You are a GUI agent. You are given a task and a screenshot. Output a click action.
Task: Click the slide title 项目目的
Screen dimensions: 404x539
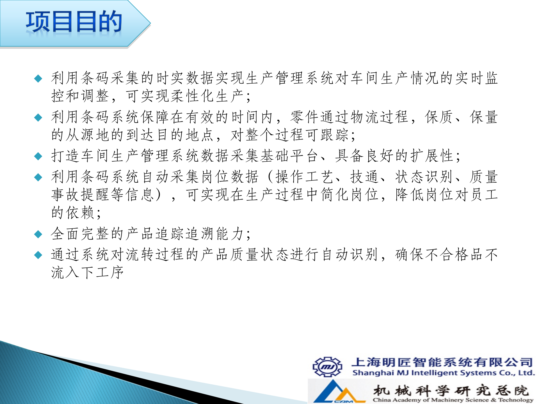pos(74,22)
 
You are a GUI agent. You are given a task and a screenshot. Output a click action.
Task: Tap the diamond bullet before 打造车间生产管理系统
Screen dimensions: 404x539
pos(38,156)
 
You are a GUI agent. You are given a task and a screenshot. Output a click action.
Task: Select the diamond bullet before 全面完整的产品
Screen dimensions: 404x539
pos(38,234)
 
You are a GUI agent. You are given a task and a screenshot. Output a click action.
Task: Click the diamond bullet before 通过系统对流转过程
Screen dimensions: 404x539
pos(38,255)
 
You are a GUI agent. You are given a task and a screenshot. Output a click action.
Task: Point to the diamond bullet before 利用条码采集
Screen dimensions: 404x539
pos(38,78)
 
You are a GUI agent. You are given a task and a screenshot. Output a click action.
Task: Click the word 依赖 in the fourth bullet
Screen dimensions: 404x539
pos(80,213)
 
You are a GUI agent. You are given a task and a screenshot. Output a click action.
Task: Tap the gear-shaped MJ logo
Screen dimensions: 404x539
pos(327,367)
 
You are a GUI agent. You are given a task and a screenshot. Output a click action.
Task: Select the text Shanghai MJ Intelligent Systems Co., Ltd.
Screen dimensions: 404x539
pos(443,373)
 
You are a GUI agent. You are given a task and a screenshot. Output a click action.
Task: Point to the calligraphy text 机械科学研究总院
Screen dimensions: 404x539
pos(451,390)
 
